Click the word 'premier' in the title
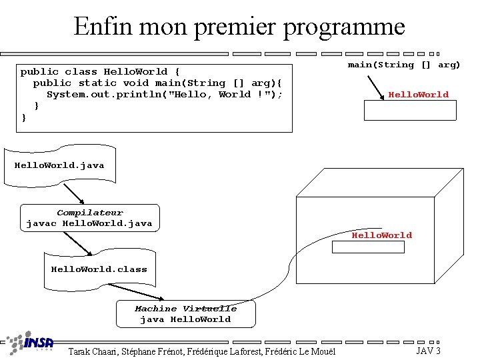235,27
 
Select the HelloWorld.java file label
59,165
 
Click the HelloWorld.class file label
99,269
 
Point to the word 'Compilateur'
90,213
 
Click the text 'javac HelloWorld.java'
89,223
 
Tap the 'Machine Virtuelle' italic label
186,309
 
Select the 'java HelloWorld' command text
185,319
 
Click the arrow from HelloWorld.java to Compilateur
74,194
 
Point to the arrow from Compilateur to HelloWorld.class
78,243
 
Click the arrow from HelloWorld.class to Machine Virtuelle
136,292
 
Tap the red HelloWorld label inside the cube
382,235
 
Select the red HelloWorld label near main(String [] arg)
419,95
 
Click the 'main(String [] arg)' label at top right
404,65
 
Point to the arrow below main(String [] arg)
376,88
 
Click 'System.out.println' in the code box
104,94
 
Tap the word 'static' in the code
97,83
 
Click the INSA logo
30,342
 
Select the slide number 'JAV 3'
428,351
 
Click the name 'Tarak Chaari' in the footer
93,351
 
